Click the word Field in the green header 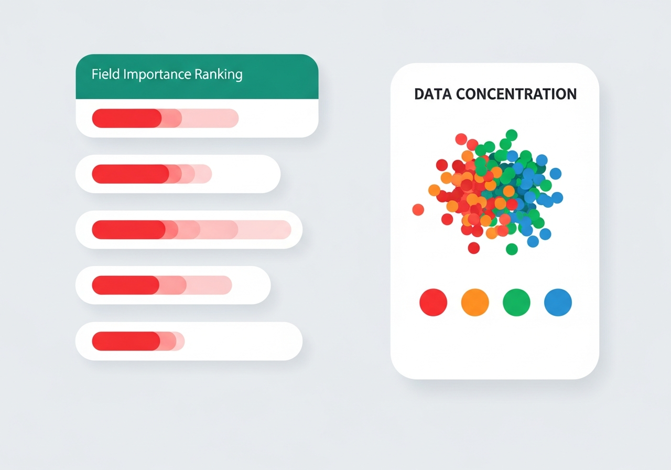[x=105, y=74]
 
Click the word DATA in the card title [x=432, y=94]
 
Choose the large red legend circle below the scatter [x=434, y=303]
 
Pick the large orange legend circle [x=475, y=303]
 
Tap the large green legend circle [x=516, y=303]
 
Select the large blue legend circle [x=558, y=303]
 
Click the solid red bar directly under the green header [x=126, y=119]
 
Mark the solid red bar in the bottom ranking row [x=126, y=341]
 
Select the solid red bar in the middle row [x=128, y=230]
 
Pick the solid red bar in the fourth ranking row [x=125, y=285]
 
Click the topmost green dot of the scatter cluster [x=511, y=135]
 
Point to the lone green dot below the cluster [x=512, y=249]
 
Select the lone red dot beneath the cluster [x=474, y=248]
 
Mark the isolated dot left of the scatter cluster [x=418, y=210]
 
